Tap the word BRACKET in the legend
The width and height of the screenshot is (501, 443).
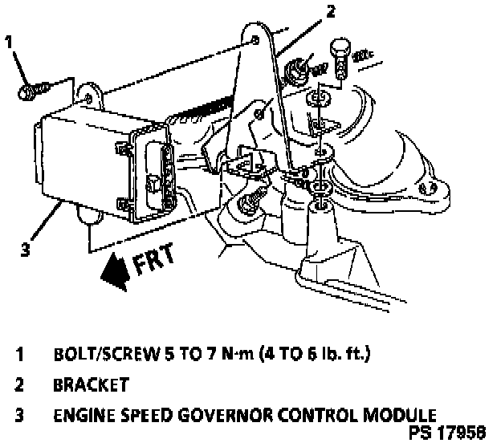point(90,384)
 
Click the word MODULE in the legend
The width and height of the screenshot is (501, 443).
point(397,416)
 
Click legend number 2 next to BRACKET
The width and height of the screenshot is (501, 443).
point(18,384)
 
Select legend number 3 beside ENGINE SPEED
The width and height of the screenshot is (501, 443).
point(18,416)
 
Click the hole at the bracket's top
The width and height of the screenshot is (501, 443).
point(255,39)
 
